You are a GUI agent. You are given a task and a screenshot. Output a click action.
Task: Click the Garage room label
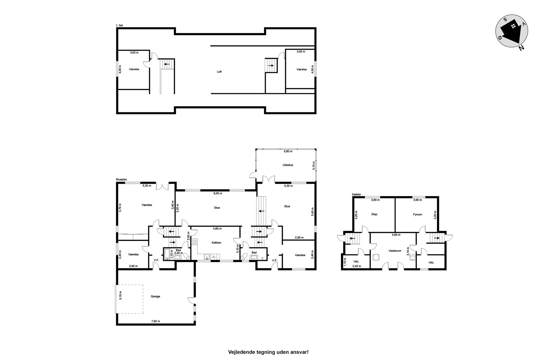[155, 296]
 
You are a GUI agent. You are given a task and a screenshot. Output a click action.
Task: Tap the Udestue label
[288, 165]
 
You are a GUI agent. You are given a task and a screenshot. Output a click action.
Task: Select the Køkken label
[216, 242]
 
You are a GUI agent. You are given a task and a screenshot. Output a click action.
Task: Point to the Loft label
[219, 72]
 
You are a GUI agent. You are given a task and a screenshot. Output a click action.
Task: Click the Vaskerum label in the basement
[395, 251]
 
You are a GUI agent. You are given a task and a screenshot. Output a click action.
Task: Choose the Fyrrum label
[418, 214]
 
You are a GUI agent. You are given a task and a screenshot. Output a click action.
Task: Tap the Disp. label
[375, 214]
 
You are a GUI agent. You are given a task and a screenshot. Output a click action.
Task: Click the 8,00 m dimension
[217, 193]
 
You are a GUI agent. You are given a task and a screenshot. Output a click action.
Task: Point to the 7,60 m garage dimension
[155, 321]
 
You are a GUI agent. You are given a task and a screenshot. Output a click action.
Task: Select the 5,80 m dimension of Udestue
[288, 151]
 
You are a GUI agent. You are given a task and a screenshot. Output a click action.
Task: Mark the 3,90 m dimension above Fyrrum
[417, 200]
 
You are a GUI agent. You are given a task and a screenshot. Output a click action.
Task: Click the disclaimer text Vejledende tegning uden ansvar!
[268, 352]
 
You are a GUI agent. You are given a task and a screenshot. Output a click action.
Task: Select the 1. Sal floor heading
[119, 26]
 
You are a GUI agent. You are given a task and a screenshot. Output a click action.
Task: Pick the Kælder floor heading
[356, 194]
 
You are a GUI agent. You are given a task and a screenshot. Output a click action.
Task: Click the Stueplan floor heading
[121, 180]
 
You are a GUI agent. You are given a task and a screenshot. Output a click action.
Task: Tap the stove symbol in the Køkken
[194, 242]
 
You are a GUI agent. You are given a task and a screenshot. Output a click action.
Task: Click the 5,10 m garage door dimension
[121, 295]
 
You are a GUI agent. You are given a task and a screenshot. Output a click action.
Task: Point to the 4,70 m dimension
[120, 208]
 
